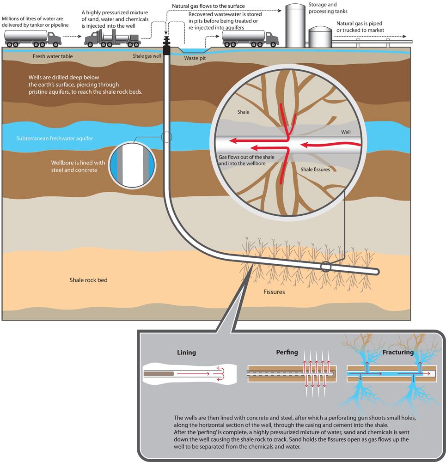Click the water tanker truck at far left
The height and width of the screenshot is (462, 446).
[32, 38]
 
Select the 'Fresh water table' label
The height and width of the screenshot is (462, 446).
[53, 56]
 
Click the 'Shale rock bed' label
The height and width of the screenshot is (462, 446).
[89, 280]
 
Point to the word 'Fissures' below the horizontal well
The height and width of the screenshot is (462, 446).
[274, 292]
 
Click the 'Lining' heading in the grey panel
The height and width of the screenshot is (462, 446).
[186, 352]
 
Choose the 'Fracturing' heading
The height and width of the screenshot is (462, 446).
[397, 352]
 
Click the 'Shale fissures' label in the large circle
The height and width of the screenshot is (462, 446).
[316, 170]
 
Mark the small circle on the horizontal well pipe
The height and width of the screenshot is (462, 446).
[326, 267]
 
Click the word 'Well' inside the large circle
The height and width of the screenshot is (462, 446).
[346, 132]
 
